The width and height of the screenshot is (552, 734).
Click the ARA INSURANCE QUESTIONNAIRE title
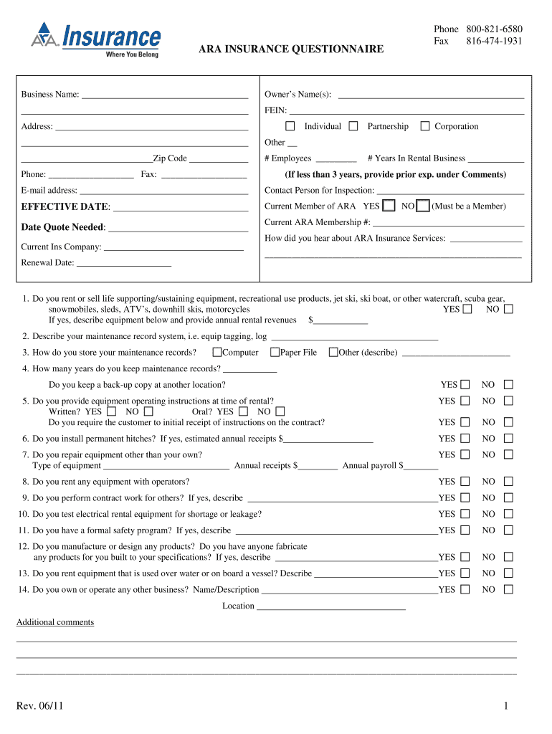coord(291,49)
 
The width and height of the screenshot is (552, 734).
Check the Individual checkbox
coord(290,126)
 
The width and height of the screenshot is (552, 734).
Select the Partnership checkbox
coord(353,126)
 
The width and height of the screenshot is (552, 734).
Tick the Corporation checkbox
coord(424,126)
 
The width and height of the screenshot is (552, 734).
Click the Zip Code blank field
coord(219,159)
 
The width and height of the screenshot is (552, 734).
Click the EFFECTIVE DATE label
coord(65,207)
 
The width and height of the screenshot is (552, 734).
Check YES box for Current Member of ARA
coord(389,206)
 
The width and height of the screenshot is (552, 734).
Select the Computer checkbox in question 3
coord(216,352)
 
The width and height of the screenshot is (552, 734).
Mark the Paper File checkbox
coord(275,352)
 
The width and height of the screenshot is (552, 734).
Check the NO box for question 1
coord(508,310)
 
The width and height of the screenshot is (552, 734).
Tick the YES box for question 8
coord(465,482)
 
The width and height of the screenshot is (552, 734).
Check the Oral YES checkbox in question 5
coord(244,411)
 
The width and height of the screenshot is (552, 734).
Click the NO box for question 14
coord(508,589)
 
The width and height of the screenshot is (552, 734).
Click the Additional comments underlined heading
coord(55,622)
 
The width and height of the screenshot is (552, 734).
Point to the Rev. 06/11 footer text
coord(39,707)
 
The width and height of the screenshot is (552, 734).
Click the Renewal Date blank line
coord(123,263)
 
